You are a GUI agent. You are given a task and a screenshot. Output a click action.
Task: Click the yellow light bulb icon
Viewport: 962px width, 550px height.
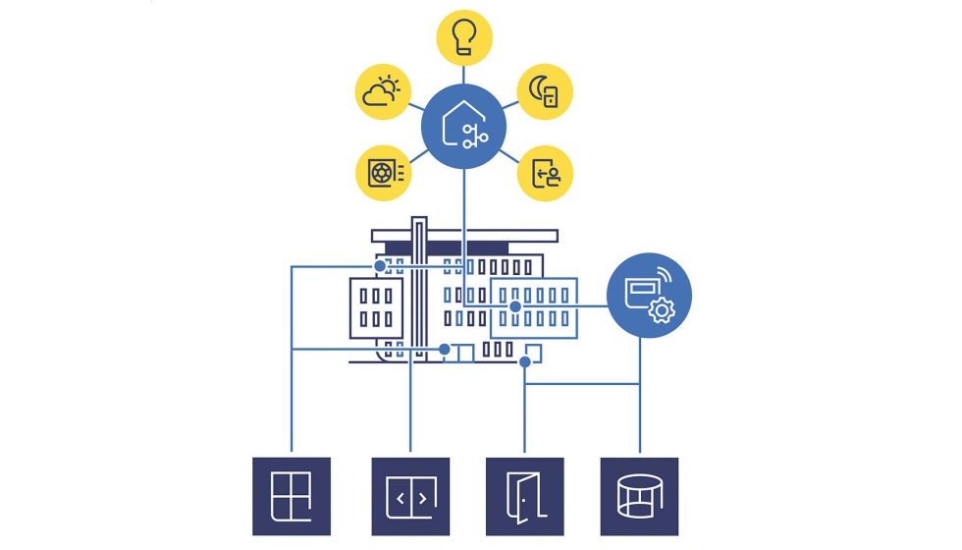click(x=463, y=37)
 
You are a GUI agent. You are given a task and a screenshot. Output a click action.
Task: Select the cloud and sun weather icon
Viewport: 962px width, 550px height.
click(x=383, y=92)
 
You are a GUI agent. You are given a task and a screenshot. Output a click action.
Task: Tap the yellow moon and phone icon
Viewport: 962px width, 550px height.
click(x=545, y=92)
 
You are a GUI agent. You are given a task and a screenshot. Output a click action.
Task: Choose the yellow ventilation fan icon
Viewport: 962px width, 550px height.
click(x=383, y=173)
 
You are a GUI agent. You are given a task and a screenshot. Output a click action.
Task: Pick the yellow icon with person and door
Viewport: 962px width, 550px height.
click(x=545, y=173)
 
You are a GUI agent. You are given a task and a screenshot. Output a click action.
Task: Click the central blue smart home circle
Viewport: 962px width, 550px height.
click(x=463, y=128)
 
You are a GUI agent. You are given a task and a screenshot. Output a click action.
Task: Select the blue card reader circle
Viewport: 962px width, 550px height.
click(x=649, y=296)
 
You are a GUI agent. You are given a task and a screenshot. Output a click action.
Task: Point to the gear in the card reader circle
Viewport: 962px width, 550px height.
click(x=663, y=311)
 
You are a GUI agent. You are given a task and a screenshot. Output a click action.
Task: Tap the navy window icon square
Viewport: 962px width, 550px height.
click(x=292, y=496)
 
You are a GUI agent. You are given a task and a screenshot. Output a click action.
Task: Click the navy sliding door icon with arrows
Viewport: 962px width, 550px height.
click(x=410, y=496)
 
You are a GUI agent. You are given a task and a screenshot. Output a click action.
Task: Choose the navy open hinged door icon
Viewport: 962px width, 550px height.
click(x=525, y=496)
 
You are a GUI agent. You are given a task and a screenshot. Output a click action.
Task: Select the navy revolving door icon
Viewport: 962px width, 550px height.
click(x=639, y=496)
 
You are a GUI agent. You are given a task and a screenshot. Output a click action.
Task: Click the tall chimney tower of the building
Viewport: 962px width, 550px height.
click(x=419, y=285)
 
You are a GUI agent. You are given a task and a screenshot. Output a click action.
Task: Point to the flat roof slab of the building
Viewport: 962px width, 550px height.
click(x=464, y=236)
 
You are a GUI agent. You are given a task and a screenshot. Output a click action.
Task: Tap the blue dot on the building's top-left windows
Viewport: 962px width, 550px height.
click(x=381, y=266)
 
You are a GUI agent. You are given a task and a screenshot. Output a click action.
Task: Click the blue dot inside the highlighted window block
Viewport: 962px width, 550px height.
click(x=514, y=306)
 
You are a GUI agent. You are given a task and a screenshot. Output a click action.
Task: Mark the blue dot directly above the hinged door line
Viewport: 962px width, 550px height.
click(x=525, y=361)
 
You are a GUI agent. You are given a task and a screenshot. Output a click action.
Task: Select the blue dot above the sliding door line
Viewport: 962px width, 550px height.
click(x=445, y=349)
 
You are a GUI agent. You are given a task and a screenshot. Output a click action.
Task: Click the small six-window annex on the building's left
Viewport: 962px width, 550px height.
click(x=376, y=305)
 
